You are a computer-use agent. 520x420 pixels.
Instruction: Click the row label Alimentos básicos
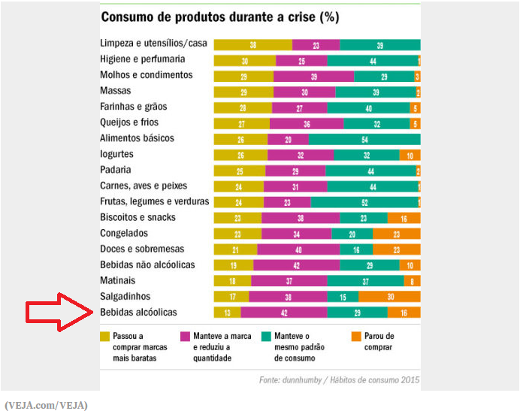(137, 138)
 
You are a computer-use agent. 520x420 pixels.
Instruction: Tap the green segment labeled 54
(364, 139)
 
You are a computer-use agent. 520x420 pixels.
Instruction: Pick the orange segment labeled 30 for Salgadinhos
(389, 297)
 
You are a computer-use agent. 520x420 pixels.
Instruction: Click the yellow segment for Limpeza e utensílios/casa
(252, 45)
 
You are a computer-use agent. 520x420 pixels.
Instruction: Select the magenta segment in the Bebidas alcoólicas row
(283, 313)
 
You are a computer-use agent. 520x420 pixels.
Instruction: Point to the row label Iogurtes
(116, 154)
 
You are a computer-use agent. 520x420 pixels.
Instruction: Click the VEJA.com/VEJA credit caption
(46, 405)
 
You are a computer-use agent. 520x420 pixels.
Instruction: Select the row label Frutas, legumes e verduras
(155, 201)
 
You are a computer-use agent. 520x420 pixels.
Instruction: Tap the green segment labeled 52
(364, 202)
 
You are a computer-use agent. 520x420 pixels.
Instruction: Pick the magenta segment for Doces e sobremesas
(298, 249)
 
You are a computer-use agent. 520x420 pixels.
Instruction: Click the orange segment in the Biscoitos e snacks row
(404, 218)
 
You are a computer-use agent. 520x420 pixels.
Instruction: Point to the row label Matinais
(119, 280)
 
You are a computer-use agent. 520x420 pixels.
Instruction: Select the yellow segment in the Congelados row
(237, 234)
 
